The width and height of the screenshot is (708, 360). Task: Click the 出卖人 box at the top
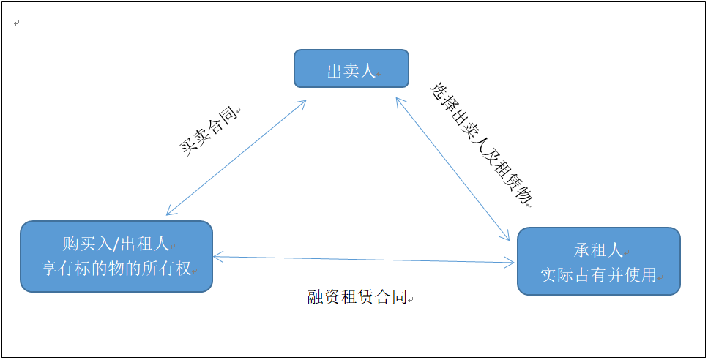click(351, 69)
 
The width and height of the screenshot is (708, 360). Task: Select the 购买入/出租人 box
click(116, 256)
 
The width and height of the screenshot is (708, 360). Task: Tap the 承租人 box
click(598, 261)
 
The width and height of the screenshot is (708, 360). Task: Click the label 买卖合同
click(209, 130)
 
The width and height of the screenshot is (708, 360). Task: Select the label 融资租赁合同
click(357, 298)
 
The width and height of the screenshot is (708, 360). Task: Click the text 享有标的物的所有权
click(116, 269)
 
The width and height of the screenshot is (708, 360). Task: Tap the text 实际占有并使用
click(598, 276)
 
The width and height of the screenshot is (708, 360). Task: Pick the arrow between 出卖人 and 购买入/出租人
click(236, 157)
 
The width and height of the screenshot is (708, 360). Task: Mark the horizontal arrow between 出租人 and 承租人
click(364, 259)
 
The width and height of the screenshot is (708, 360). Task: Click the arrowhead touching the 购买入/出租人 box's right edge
click(217, 255)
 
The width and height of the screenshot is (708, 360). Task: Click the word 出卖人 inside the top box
click(351, 71)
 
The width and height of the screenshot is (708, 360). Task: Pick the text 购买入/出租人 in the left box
click(116, 244)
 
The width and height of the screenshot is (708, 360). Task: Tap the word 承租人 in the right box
click(598, 250)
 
